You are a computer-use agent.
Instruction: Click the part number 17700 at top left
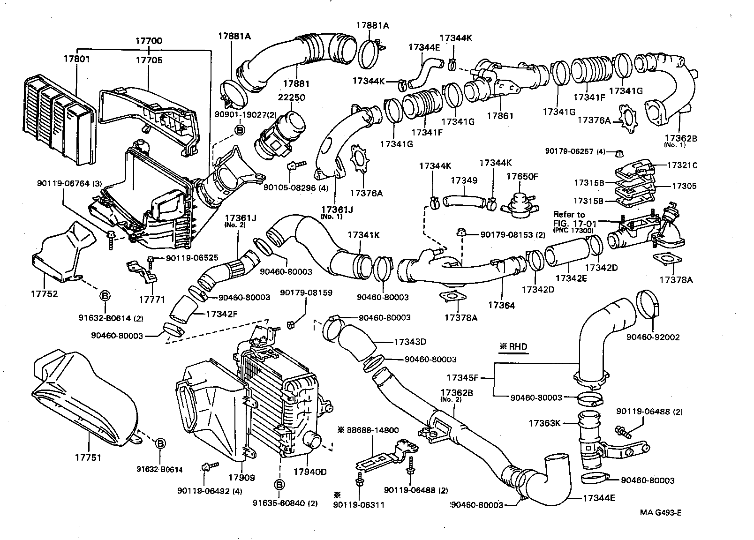tap(149, 41)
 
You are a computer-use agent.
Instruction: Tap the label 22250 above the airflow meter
tap(291, 97)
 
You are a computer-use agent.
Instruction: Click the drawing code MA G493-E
tap(660, 512)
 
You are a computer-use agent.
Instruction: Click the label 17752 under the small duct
tap(44, 294)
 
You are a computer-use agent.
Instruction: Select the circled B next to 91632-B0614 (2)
tap(105, 295)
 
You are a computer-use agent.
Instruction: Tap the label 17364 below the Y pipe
tap(501, 305)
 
